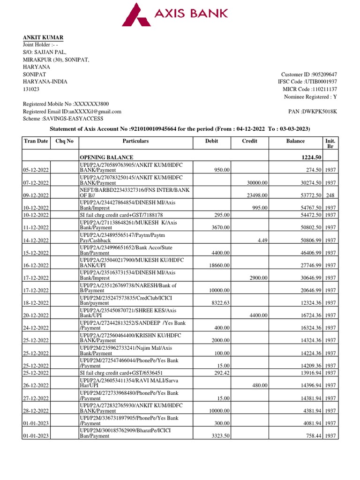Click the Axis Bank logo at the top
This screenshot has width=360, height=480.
175,14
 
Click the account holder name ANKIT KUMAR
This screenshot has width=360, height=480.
44,37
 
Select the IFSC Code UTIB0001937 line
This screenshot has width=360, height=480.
307,82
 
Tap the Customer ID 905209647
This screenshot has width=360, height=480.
309,75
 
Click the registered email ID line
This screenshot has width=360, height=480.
72,112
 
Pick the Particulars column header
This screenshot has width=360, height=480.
135,141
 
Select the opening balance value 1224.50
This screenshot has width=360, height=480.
311,157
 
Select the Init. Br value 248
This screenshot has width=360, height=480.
330,195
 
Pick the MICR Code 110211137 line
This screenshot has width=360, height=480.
309,89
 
